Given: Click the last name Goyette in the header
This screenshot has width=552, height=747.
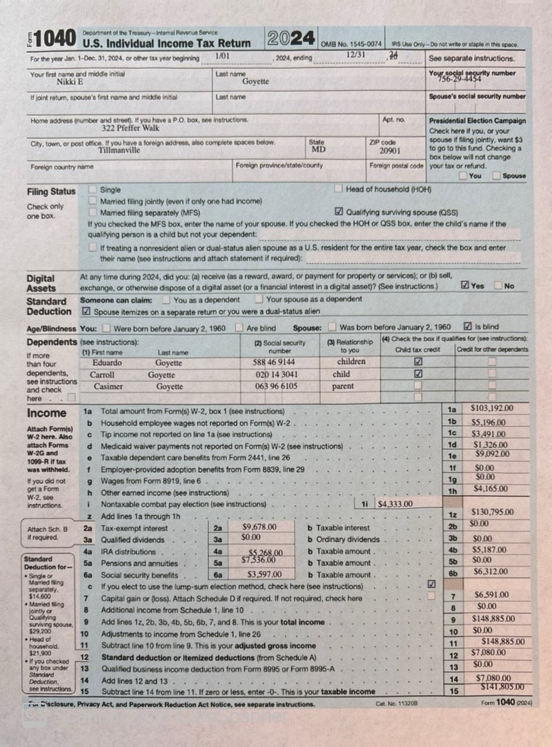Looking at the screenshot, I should (255, 81).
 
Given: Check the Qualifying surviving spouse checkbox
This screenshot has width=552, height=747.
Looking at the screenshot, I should (339, 212).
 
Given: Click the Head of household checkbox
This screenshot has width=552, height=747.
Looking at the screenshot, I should (339, 188).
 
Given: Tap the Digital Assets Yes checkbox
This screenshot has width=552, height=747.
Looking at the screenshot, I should (465, 284).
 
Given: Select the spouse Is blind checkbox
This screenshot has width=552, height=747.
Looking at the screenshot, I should (469, 327).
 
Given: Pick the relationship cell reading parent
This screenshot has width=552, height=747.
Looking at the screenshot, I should (351, 387).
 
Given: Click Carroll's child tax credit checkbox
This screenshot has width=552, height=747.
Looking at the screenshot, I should (418, 373).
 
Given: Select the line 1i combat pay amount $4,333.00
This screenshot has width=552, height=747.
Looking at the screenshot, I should (396, 504).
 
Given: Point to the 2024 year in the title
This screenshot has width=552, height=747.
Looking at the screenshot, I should (291, 38).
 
